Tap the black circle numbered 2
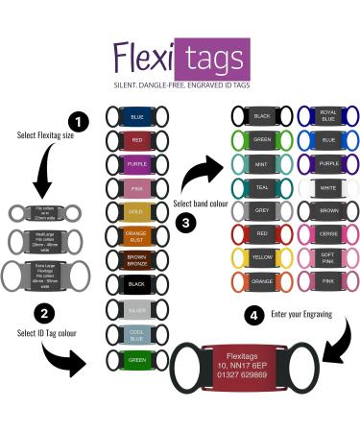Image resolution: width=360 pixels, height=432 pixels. (x=42, y=313)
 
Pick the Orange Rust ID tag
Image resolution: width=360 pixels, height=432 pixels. (x=134, y=235)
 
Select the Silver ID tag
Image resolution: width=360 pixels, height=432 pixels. (x=134, y=309)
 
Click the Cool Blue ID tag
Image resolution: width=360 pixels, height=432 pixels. (x=134, y=334)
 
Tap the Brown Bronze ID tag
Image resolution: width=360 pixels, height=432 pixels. (x=134, y=260)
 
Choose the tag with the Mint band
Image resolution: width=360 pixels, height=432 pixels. (x=262, y=164)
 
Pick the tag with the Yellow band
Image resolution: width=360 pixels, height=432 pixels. (x=262, y=257)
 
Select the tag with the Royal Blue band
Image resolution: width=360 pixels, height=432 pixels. (x=329, y=117)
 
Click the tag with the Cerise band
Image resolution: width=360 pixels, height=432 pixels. (x=329, y=234)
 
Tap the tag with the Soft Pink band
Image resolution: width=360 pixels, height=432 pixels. (x=329, y=257)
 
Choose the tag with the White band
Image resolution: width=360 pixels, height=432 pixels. (x=329, y=187)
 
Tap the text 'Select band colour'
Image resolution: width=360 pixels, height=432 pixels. (x=200, y=203)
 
